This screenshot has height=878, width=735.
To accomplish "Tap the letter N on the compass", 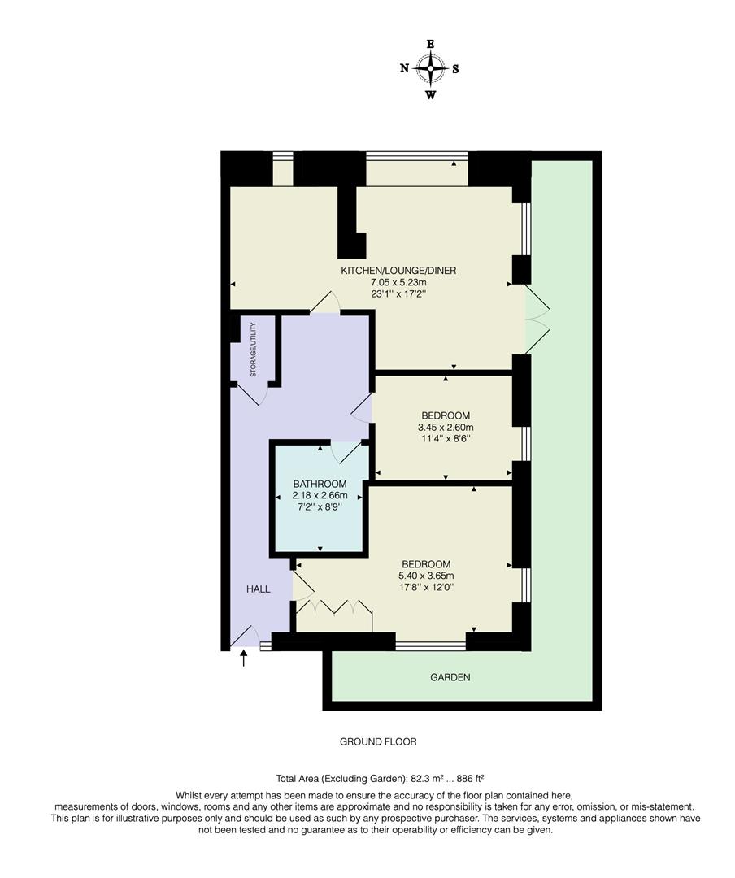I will pos(404,68).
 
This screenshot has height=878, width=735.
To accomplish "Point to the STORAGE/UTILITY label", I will pos(253,350).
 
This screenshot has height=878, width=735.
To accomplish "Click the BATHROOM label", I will pos(320,483).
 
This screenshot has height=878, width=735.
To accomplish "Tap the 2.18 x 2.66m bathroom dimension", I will pos(320,495).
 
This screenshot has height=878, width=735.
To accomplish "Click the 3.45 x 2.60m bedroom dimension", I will pos(445,427).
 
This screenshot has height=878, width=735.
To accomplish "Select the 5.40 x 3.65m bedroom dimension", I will pos(426,576).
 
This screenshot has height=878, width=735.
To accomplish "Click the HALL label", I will pos(259,589).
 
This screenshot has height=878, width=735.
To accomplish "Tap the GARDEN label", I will pos(450,677).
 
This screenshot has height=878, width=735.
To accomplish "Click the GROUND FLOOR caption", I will pos(378,742).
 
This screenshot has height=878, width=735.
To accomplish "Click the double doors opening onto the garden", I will pos(537,318).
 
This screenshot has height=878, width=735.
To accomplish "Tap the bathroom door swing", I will pos(344,452).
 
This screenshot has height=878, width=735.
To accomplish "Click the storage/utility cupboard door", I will pos(253,393).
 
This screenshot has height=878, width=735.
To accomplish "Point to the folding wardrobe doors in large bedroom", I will pos(334,608).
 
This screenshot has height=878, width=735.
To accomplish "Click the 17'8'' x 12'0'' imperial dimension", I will pos(426,589).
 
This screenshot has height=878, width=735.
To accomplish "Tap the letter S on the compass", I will pos(455,68).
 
